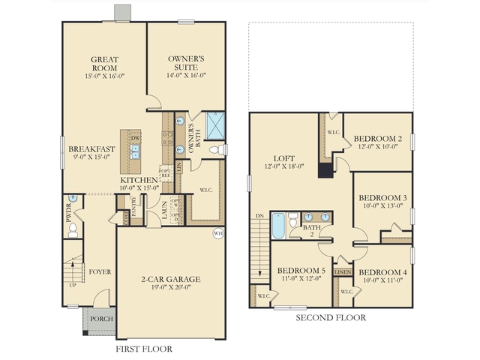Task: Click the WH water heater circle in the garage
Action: (217, 232)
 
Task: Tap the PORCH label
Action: (101, 319)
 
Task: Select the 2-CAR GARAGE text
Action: (171, 280)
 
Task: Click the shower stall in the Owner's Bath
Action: (214, 124)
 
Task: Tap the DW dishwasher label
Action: (136, 139)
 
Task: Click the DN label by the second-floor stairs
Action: (259, 216)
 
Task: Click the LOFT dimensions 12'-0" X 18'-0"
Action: (288, 166)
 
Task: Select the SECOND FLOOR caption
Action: (331, 318)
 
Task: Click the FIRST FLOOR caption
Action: (143, 349)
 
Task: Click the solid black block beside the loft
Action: (326, 170)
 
